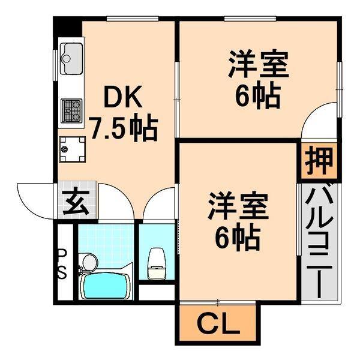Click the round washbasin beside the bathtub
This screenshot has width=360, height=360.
[x=89, y=262]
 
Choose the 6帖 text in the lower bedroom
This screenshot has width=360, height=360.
[x=238, y=238]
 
